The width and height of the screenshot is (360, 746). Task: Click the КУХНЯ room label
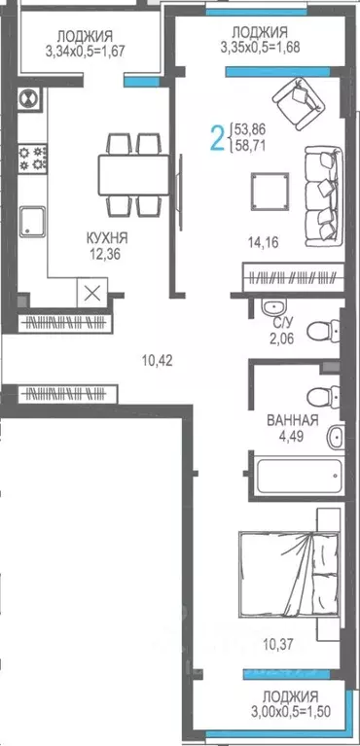pyautogui.click(x=106, y=237)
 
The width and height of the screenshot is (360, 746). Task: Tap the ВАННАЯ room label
pyautogui.click(x=293, y=421)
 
